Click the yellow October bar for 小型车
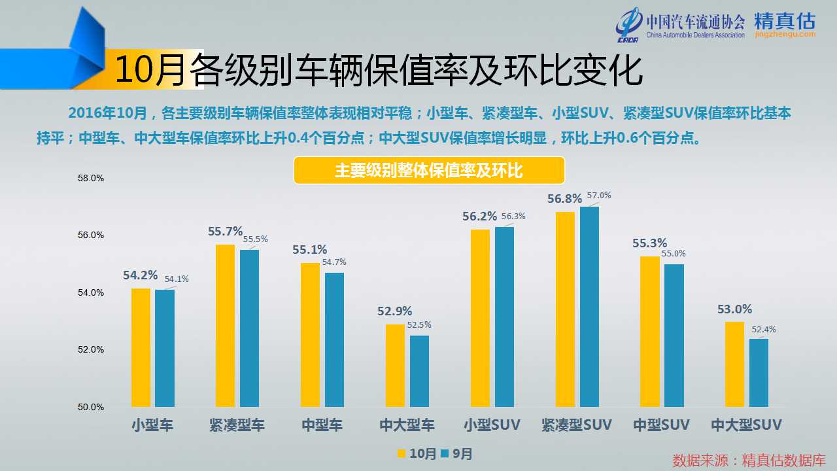(141, 347)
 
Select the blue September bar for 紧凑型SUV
(589, 307)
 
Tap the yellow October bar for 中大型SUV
(734, 364)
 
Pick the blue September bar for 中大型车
(419, 371)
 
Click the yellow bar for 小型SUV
(480, 318)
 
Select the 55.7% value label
(225, 232)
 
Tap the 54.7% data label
(335, 262)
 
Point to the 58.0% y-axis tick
(90, 178)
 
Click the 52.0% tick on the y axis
(90, 349)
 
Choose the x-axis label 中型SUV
(661, 425)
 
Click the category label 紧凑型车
(237, 425)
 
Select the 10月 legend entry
(417, 453)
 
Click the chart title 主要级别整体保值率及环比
(428, 171)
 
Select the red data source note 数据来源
(749, 460)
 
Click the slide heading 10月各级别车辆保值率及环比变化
(378, 71)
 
